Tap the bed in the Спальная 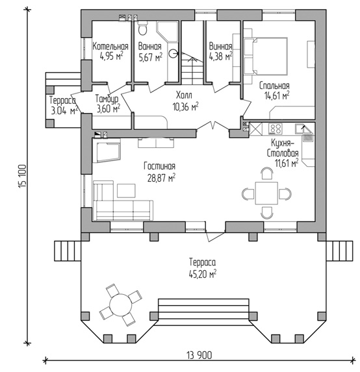pyautogui.click(x=266, y=56)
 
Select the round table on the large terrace pyautogui.click(x=120, y=305)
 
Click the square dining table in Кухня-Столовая pyautogui.click(x=266, y=193)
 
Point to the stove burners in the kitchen pyautogui.click(x=276, y=129)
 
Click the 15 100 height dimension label pyautogui.click(x=22, y=176)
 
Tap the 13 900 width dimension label pyautogui.click(x=199, y=355)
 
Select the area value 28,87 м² pyautogui.click(x=161, y=178)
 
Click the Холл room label pyautogui.click(x=185, y=95)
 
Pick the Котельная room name pyautogui.click(x=110, y=47)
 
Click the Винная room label pyautogui.click(x=220, y=47)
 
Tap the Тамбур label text pyautogui.click(x=107, y=99)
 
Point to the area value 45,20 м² pyautogui.click(x=203, y=274)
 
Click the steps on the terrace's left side pyautogui.click(x=68, y=251)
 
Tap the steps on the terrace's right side pyautogui.click(x=339, y=251)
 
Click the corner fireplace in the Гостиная pyautogui.click(x=107, y=151)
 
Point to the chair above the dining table pyautogui.click(x=266, y=173)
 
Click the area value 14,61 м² pyautogui.click(x=277, y=95)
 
